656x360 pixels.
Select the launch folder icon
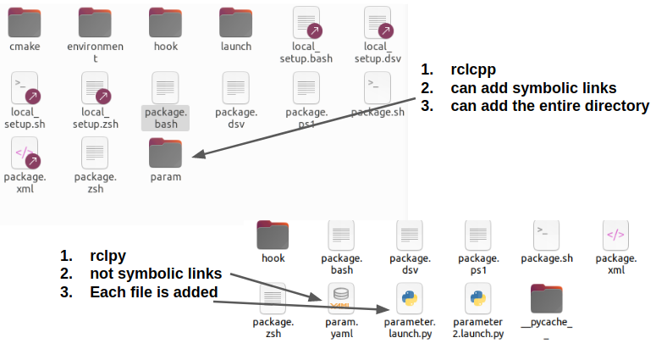tap(235, 22)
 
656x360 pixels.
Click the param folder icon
tap(165, 153)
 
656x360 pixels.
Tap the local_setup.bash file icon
tap(306, 22)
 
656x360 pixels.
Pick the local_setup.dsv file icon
tap(376, 22)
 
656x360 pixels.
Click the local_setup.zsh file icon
tap(95, 88)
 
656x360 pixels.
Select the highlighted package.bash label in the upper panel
tap(165, 118)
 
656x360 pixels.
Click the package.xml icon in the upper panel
tap(25, 153)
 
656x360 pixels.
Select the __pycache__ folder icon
tap(546, 298)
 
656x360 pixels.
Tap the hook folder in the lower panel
tap(273, 235)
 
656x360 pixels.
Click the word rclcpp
tap(471, 69)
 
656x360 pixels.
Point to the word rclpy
tap(109, 256)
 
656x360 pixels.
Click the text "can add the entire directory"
tap(549, 106)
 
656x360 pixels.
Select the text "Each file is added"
tap(154, 292)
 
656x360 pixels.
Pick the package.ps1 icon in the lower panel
tap(478, 235)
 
